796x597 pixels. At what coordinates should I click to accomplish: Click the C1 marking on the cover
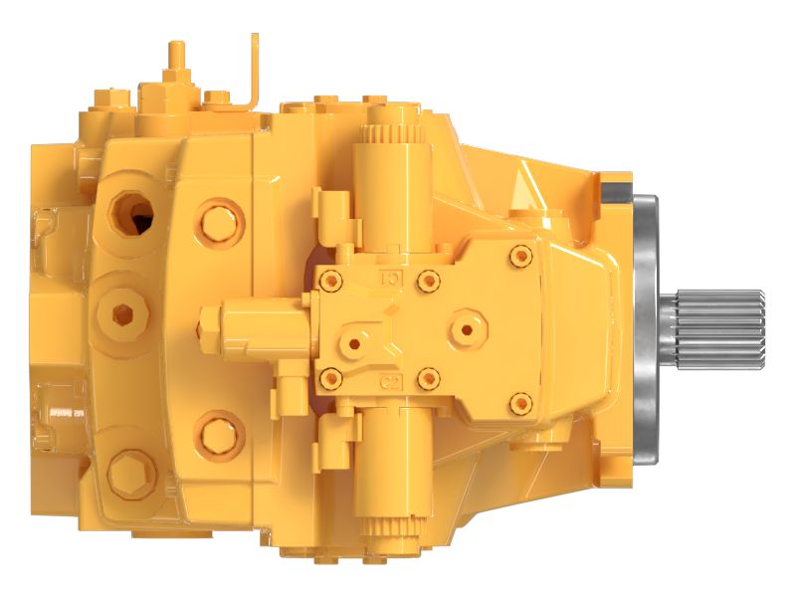coord(391,281)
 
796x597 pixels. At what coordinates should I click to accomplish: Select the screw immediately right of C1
coord(429,280)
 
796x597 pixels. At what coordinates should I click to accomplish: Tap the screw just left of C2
coord(330,377)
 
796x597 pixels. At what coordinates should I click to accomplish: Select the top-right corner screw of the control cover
coord(517,256)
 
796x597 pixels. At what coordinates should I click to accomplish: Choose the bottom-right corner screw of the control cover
coord(517,402)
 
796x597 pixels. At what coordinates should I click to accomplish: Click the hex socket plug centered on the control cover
coord(465,327)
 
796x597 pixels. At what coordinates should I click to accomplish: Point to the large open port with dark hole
coord(133,211)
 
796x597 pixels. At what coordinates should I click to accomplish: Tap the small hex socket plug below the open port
coord(123,315)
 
